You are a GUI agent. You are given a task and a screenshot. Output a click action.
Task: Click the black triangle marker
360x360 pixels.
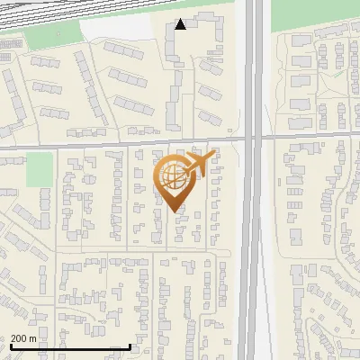pyautogui.click(x=181, y=24)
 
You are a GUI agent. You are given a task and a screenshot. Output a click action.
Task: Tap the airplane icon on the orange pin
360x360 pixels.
pyautogui.click(x=200, y=163)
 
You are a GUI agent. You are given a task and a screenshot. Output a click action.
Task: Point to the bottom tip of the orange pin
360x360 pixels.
pyautogui.click(x=175, y=211)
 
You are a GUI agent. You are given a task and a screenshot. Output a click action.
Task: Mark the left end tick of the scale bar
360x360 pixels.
pyautogui.click(x=11, y=346)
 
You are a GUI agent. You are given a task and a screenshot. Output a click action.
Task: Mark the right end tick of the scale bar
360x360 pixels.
pyautogui.click(x=130, y=346)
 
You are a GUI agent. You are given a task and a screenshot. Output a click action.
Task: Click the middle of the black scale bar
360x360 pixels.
pyautogui.click(x=70, y=347)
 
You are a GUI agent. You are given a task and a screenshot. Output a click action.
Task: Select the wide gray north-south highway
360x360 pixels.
pyautogui.click(x=256, y=225)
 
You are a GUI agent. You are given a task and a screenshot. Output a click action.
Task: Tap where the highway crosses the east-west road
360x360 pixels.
pyautogui.click(x=256, y=139)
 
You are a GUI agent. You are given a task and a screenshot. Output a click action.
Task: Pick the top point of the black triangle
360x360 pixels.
pyautogui.click(x=181, y=19)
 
